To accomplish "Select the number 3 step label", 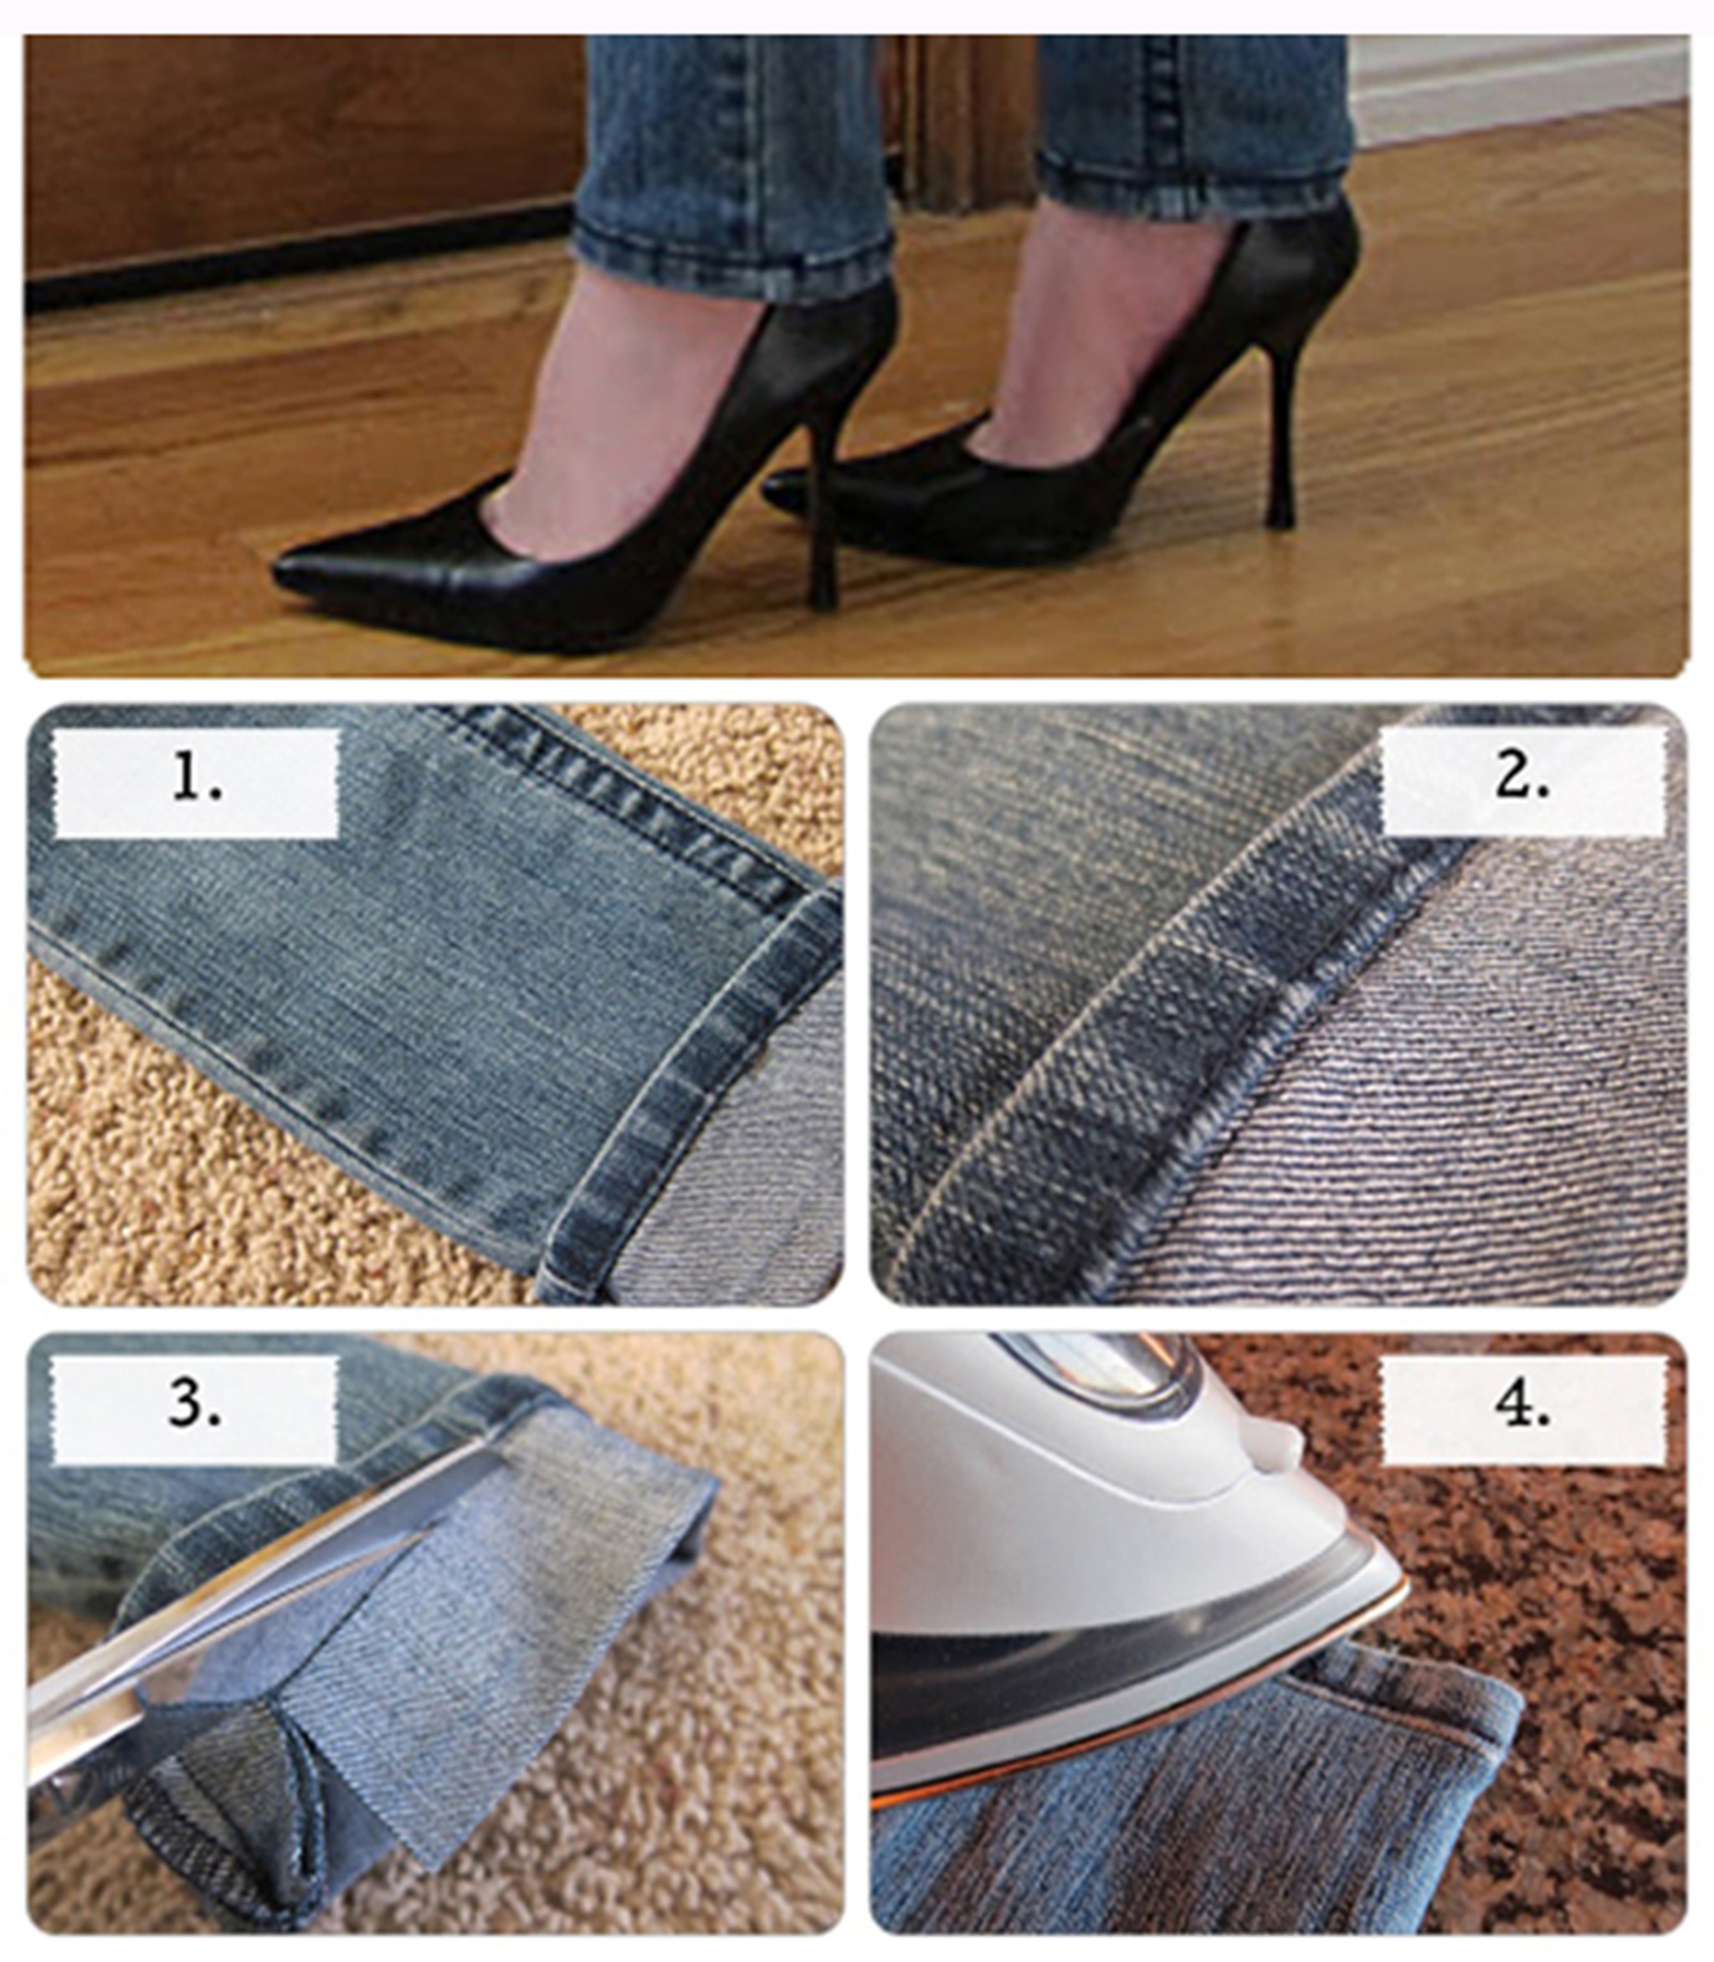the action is (x=195, y=1408).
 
